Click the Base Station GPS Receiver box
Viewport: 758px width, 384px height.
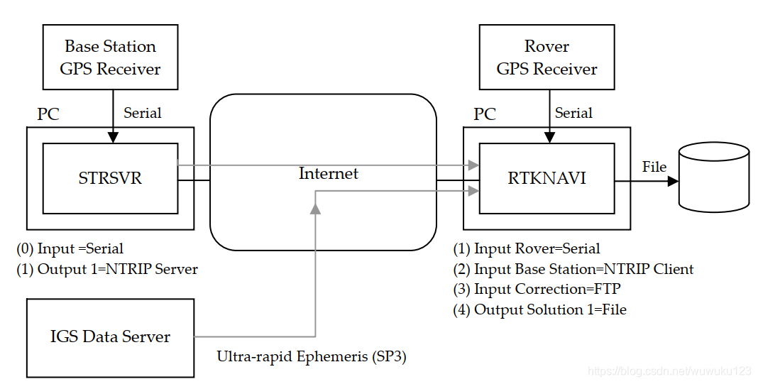110,57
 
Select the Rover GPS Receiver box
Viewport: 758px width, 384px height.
546,57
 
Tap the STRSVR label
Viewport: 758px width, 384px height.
110,178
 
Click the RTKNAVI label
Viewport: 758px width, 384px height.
546,178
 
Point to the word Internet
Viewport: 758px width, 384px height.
328,174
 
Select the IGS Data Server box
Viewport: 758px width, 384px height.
110,337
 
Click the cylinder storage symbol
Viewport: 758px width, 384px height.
714,177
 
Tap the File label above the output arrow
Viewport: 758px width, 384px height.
654,167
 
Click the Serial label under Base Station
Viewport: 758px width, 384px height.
142,113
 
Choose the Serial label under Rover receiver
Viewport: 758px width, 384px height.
573,113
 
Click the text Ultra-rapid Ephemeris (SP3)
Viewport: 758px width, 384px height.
312,356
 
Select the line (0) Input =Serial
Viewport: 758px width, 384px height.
70,249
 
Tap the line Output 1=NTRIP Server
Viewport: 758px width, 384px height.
107,269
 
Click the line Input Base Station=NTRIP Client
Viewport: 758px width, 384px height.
573,269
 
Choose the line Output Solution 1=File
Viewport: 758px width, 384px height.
540,309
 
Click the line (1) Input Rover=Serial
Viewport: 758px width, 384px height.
527,249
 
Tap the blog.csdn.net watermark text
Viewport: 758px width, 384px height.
670,371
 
